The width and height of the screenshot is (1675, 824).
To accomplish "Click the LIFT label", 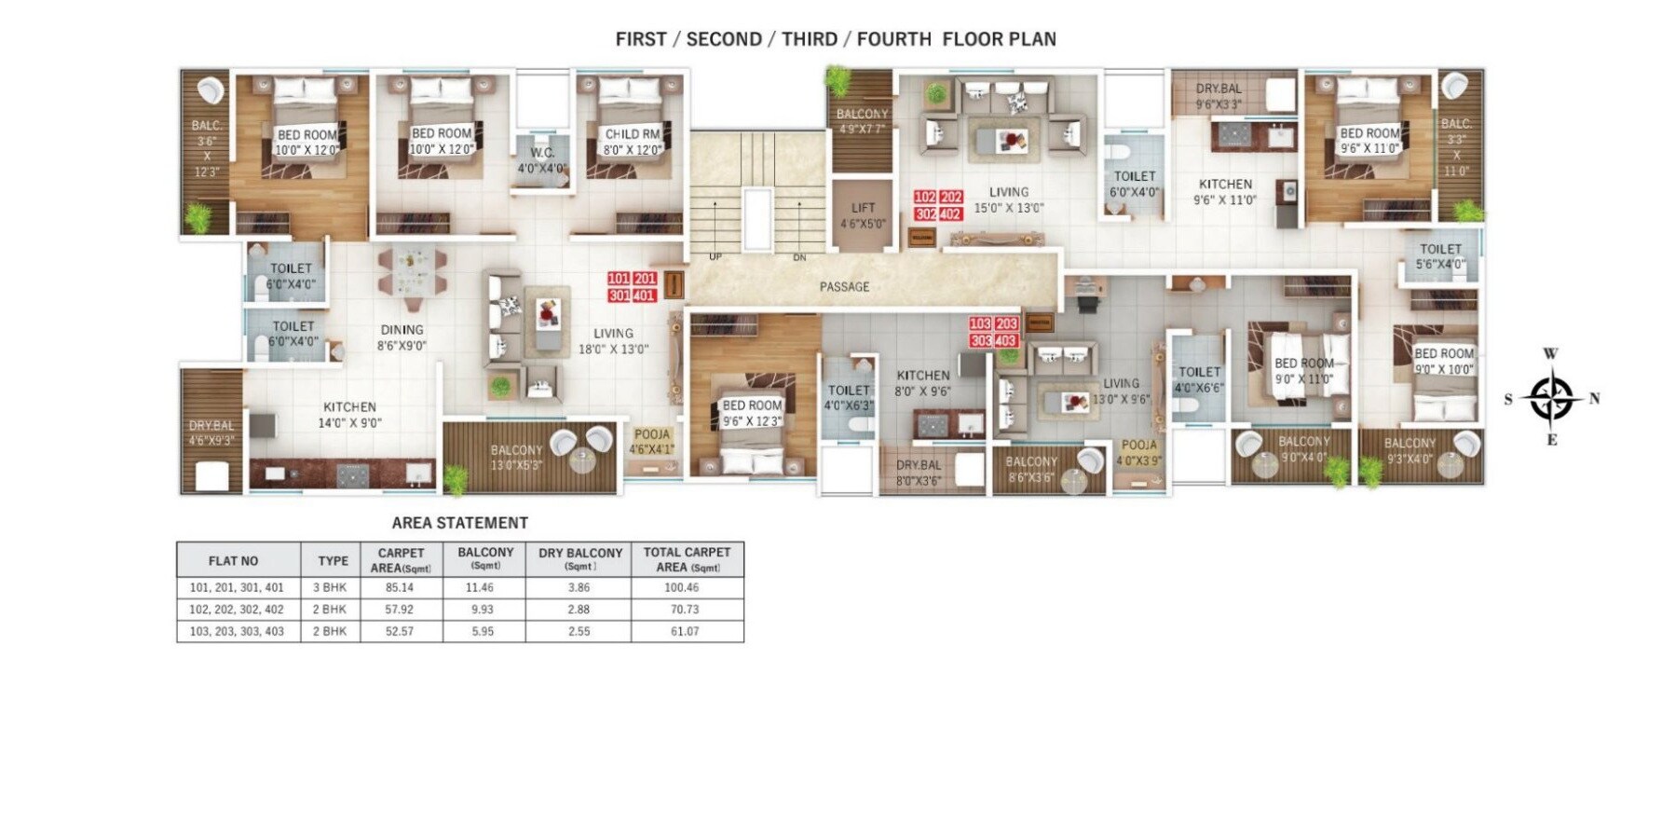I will [863, 208].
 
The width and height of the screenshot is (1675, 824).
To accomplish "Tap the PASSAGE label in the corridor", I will [844, 287].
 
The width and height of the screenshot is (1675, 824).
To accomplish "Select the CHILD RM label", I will [632, 134].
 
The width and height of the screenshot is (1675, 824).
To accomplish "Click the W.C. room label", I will [542, 153].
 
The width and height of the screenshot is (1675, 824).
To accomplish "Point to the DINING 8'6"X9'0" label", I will [402, 337].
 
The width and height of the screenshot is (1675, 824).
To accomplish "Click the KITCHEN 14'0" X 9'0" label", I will [349, 415].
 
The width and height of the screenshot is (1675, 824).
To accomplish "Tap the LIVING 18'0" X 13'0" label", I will [613, 341].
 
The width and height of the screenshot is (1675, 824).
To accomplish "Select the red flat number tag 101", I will [619, 279].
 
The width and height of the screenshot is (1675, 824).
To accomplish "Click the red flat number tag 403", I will [1005, 341].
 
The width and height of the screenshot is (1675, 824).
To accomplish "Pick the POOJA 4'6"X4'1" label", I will [651, 441].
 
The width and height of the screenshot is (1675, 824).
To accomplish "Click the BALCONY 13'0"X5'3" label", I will [515, 457].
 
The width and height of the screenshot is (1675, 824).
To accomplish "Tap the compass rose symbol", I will [1551, 398].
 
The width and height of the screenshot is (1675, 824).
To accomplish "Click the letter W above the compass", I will [1550, 354].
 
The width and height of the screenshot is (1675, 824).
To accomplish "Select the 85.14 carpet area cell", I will [400, 588].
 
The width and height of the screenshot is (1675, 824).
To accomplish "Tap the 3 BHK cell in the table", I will [329, 588].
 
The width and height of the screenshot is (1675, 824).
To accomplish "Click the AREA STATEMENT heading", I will [459, 523].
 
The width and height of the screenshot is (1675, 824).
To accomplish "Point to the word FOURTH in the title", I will [893, 39].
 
